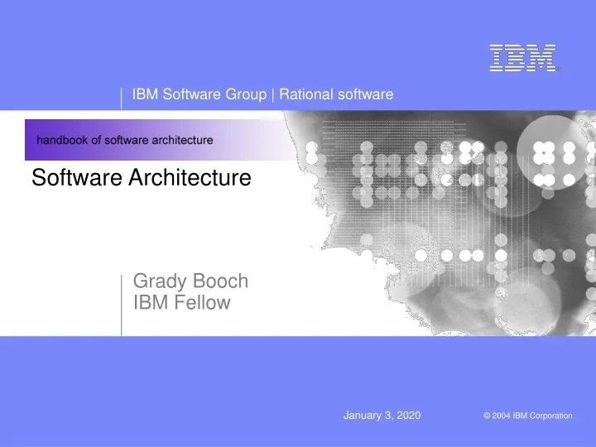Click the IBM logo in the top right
click(x=522, y=57)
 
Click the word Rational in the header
click(x=305, y=94)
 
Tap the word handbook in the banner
click(x=64, y=140)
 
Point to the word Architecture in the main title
click(x=191, y=177)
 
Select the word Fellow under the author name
click(x=203, y=303)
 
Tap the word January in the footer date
click(x=362, y=415)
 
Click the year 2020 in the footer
click(x=408, y=415)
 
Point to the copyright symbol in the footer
click(x=487, y=416)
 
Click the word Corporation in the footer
click(x=551, y=416)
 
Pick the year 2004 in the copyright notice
click(x=501, y=416)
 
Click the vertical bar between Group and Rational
click(x=273, y=94)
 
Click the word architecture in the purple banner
click(x=183, y=140)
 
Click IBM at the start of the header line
click(x=145, y=94)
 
